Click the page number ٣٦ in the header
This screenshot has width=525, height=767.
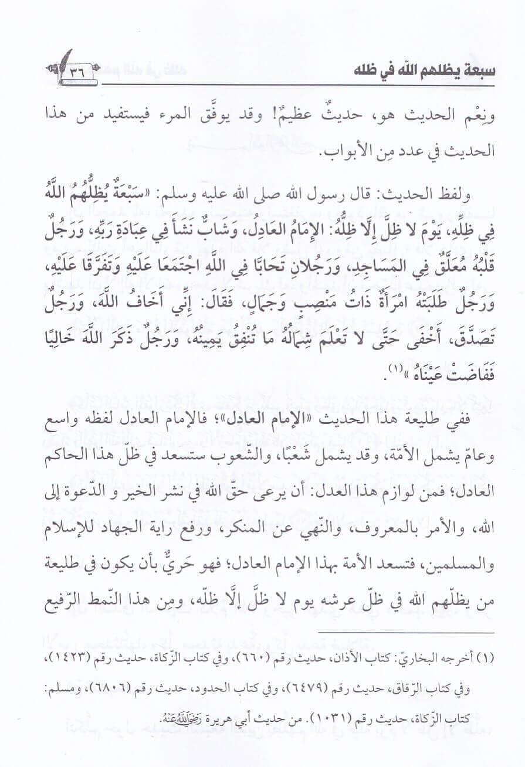pos(77,72)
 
